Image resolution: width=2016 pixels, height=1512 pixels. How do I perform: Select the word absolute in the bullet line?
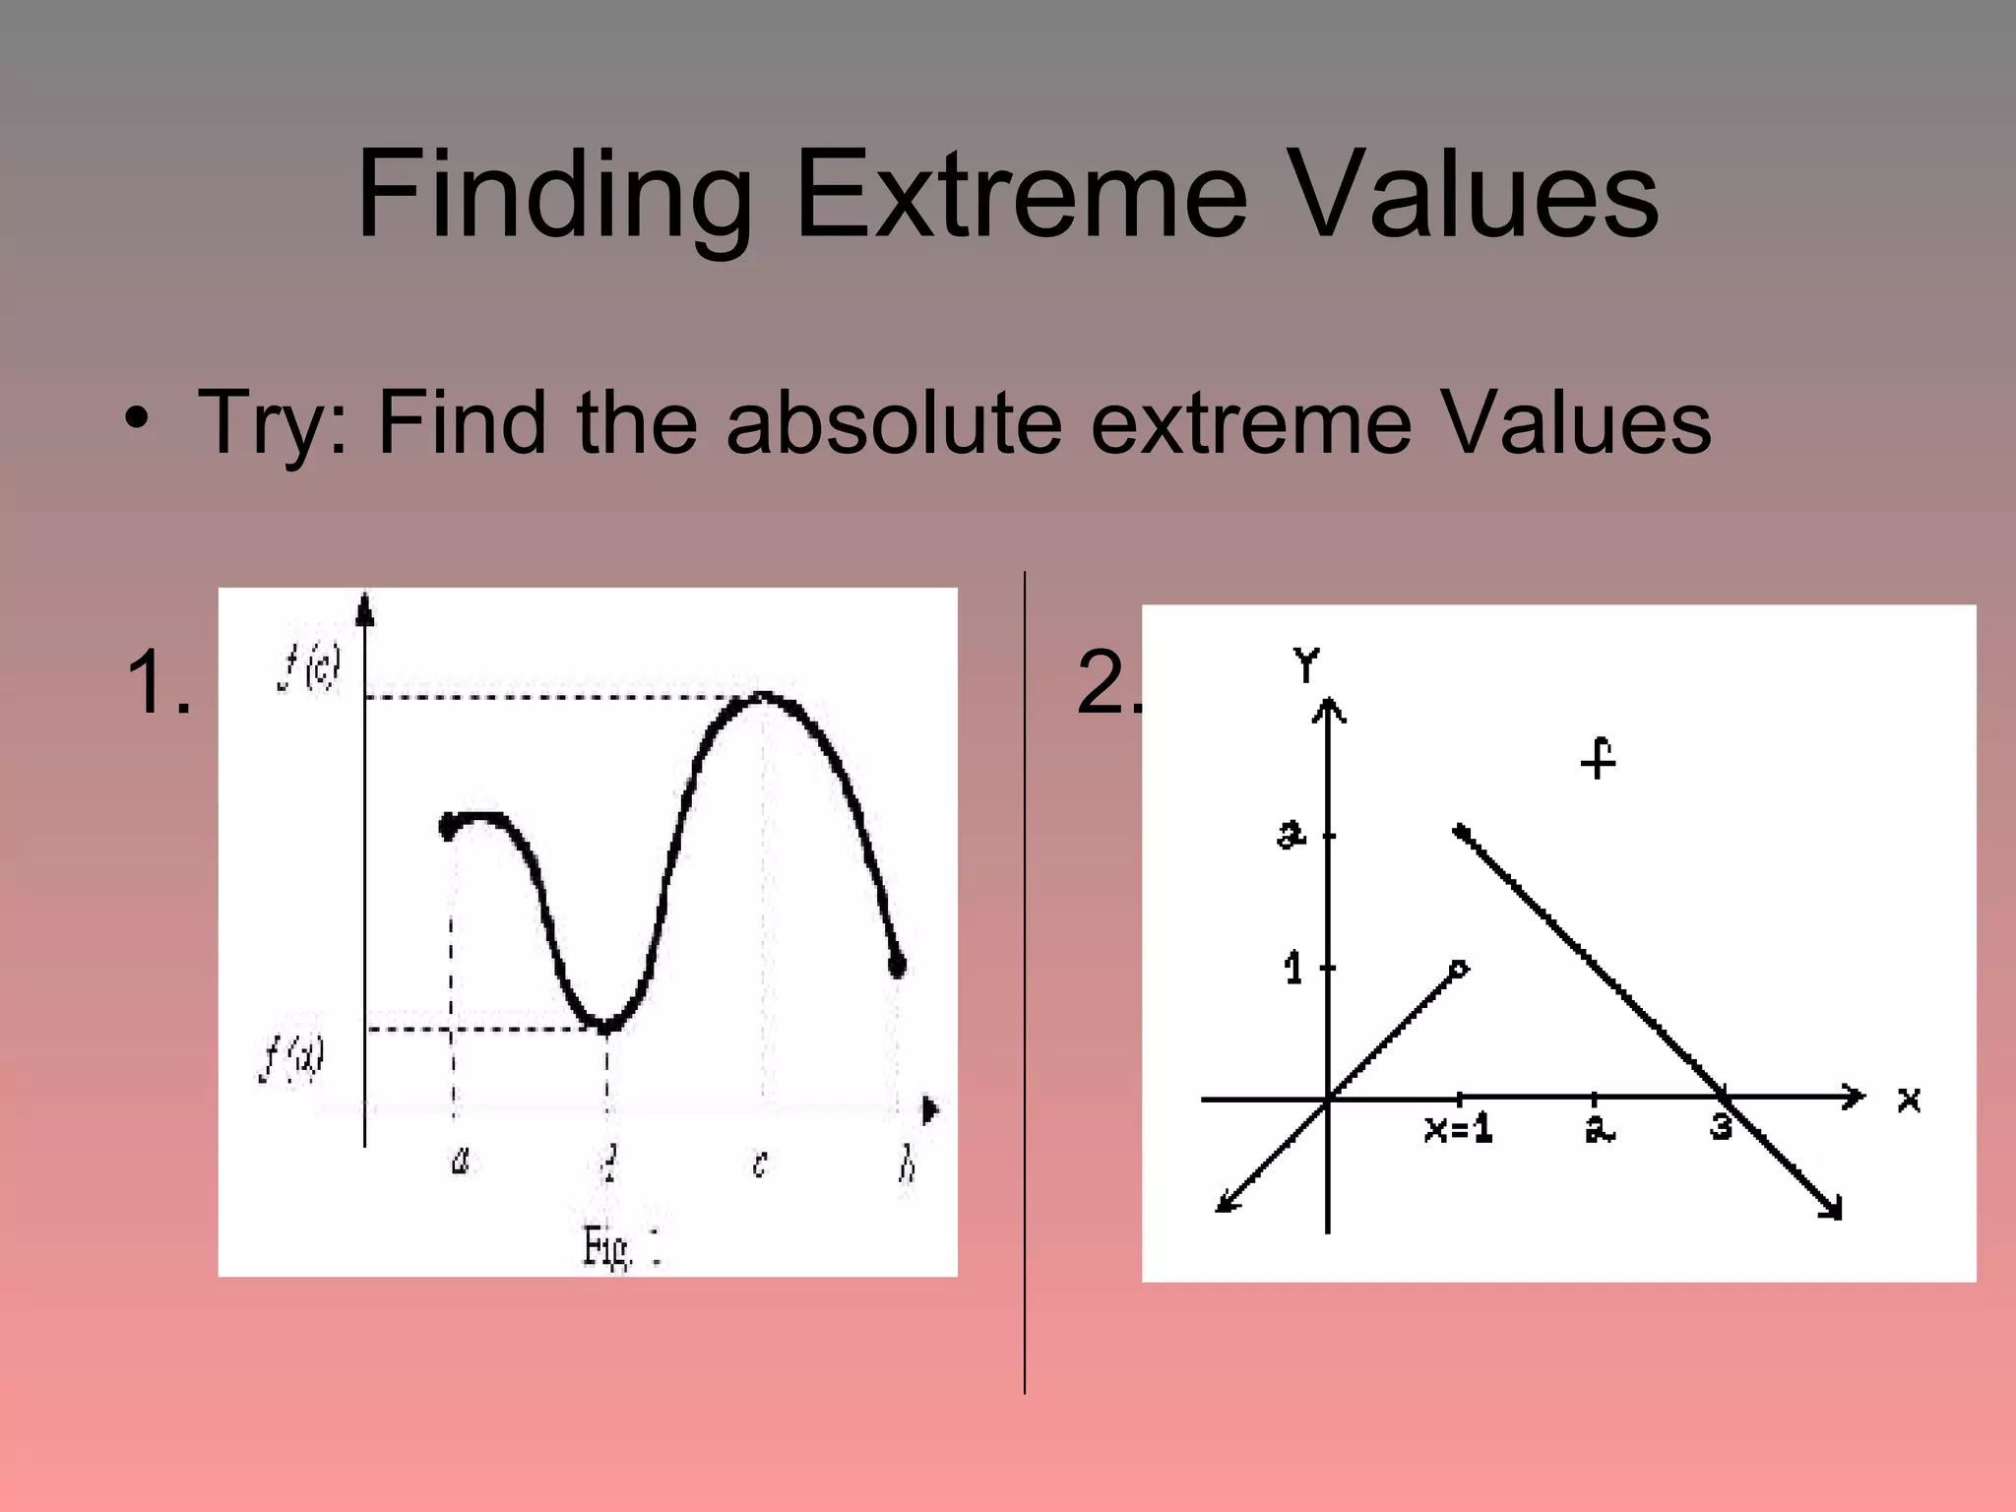(894, 423)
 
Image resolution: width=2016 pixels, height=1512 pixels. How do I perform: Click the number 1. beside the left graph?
(158, 682)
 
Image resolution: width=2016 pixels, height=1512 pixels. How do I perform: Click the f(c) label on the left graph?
(309, 670)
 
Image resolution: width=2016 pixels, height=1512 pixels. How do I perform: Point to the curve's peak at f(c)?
(763, 697)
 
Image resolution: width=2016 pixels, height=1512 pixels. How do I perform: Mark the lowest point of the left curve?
(606, 1026)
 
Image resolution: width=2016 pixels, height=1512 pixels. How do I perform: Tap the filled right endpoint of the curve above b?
(897, 966)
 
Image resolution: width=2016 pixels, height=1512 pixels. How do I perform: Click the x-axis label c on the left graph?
(759, 1165)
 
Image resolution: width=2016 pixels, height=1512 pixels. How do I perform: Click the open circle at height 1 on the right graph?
(1460, 969)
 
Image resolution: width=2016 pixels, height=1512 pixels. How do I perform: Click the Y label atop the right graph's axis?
(1306, 666)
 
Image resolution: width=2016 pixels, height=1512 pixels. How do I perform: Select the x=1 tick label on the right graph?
(1458, 1129)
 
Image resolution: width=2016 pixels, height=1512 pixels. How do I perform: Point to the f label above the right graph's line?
(1599, 759)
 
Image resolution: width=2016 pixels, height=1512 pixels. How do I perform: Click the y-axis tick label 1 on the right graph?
(1293, 970)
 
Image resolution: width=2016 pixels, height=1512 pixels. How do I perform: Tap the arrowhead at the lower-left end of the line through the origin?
(1224, 1205)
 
